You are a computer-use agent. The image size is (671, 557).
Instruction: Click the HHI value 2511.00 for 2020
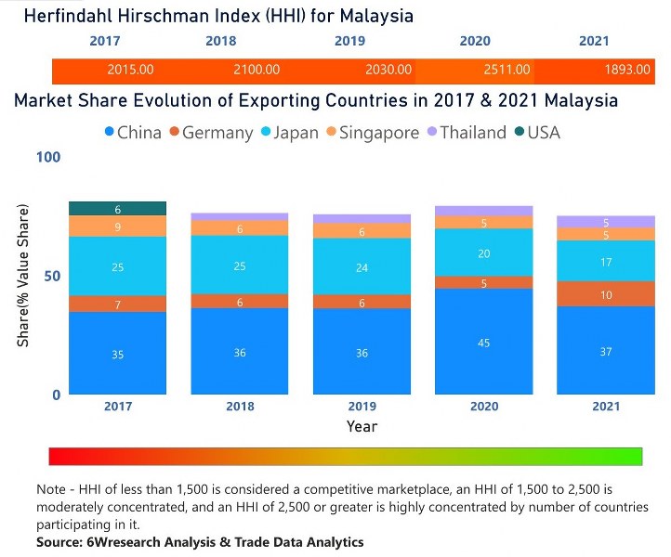click(x=507, y=70)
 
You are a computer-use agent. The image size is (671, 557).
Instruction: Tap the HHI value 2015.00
click(x=130, y=70)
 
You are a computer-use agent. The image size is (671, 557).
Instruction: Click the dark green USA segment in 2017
click(x=117, y=209)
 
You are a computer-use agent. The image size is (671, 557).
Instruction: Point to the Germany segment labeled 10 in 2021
click(x=605, y=294)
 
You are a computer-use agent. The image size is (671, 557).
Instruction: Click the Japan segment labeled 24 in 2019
click(x=362, y=267)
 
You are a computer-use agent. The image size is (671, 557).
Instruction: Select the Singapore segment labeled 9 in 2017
click(x=117, y=227)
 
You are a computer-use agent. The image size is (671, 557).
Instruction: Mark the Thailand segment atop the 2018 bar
click(x=239, y=216)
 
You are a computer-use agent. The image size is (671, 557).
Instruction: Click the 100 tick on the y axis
click(x=48, y=157)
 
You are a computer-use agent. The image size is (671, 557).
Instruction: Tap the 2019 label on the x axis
click(x=362, y=407)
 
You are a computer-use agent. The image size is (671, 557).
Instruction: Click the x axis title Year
click(x=362, y=427)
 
